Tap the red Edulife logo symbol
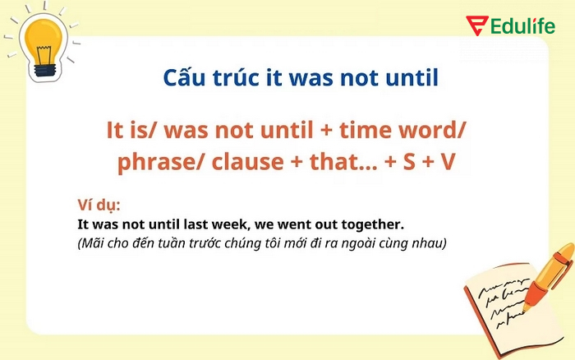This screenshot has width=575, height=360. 476,25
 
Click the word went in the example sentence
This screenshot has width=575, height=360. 292,224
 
